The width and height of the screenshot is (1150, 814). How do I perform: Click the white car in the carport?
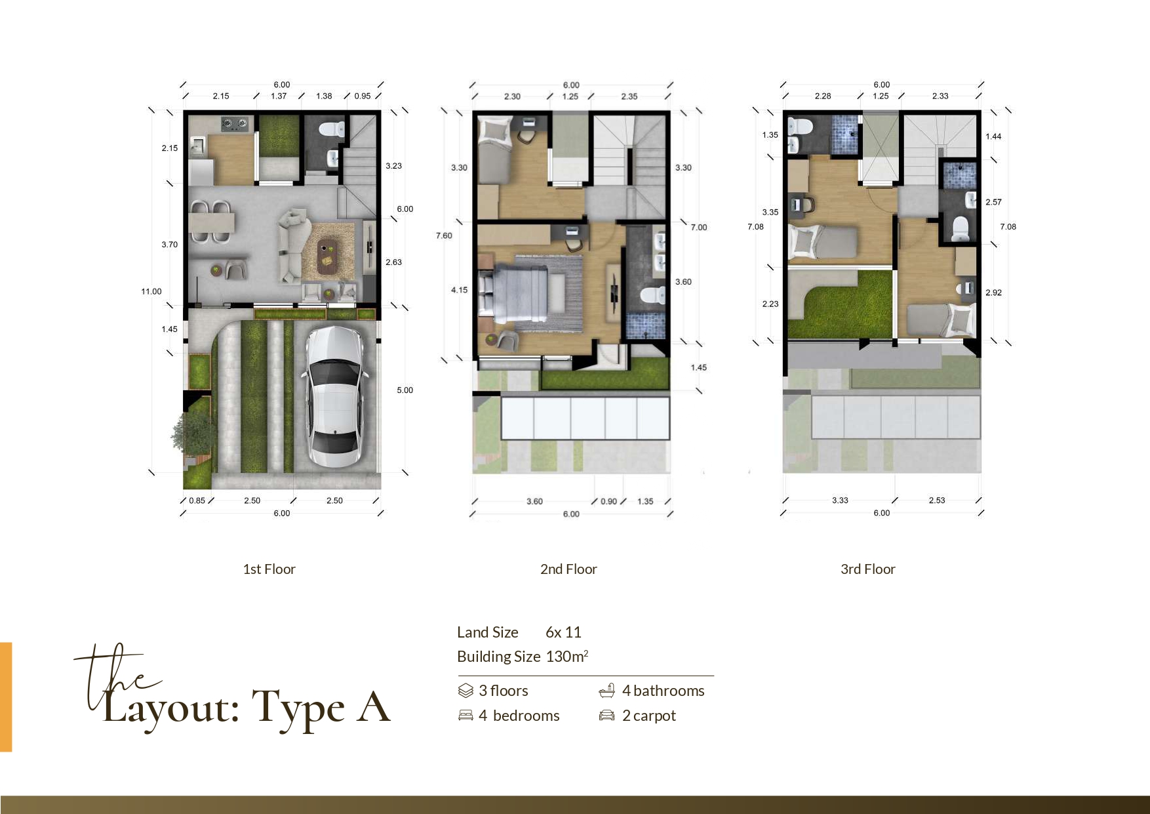[x=333, y=397]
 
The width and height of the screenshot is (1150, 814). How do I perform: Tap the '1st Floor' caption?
[x=269, y=569]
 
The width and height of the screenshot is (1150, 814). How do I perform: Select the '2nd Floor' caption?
[x=568, y=569]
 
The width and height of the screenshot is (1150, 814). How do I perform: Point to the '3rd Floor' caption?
[x=867, y=569]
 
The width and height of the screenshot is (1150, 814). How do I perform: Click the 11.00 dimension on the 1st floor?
[x=151, y=291]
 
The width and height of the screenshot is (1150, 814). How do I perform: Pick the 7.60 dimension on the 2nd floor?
[x=444, y=235]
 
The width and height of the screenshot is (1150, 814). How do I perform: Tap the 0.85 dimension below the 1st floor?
[x=197, y=500]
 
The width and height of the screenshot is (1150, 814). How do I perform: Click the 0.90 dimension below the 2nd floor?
[x=609, y=501]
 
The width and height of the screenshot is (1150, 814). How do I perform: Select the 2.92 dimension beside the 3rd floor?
[x=993, y=293]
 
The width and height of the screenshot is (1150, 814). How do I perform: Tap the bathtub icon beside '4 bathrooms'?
[x=607, y=690]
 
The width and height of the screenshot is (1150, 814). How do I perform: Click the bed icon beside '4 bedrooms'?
[x=466, y=716]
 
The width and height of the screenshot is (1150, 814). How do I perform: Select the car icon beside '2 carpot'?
[x=606, y=716]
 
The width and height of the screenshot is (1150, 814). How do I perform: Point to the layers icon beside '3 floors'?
[x=466, y=691]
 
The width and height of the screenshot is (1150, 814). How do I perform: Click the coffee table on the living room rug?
[x=327, y=256]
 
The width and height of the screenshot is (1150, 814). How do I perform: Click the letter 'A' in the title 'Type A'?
[x=373, y=706]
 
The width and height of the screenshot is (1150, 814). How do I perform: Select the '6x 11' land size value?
[x=563, y=632]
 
